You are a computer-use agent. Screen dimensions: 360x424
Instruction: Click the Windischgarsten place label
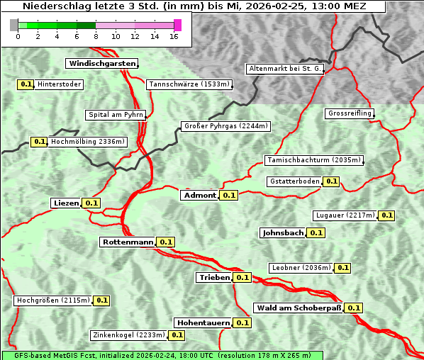tap(101, 64)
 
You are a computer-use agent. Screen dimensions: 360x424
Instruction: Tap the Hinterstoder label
tap(60, 84)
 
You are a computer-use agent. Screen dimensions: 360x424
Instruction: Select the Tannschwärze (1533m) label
tap(189, 84)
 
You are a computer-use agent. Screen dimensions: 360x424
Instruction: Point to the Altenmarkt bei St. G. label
tap(285, 69)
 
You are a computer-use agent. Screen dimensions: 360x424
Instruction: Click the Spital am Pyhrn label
tap(116, 115)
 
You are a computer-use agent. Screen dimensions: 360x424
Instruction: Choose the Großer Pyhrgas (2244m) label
tap(225, 126)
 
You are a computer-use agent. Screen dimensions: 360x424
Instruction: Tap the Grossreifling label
tap(350, 113)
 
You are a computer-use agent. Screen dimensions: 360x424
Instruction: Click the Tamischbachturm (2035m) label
tap(313, 160)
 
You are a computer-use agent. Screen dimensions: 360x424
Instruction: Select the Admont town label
tap(199, 196)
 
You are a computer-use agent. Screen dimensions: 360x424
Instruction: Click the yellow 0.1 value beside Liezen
tap(91, 203)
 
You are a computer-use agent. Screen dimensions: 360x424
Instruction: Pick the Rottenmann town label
tap(127, 242)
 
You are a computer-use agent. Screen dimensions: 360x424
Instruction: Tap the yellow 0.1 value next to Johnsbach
tap(316, 232)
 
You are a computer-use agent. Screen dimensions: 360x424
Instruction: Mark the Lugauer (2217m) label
tap(345, 215)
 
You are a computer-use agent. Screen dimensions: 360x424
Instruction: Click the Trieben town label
tap(214, 277)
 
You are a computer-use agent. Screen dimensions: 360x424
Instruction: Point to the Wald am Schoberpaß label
tap(298, 308)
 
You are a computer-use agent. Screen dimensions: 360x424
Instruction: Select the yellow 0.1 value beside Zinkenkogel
tap(177, 335)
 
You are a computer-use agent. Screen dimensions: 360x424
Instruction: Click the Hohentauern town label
tap(203, 322)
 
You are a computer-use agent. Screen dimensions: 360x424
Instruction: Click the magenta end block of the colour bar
tap(177, 25)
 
